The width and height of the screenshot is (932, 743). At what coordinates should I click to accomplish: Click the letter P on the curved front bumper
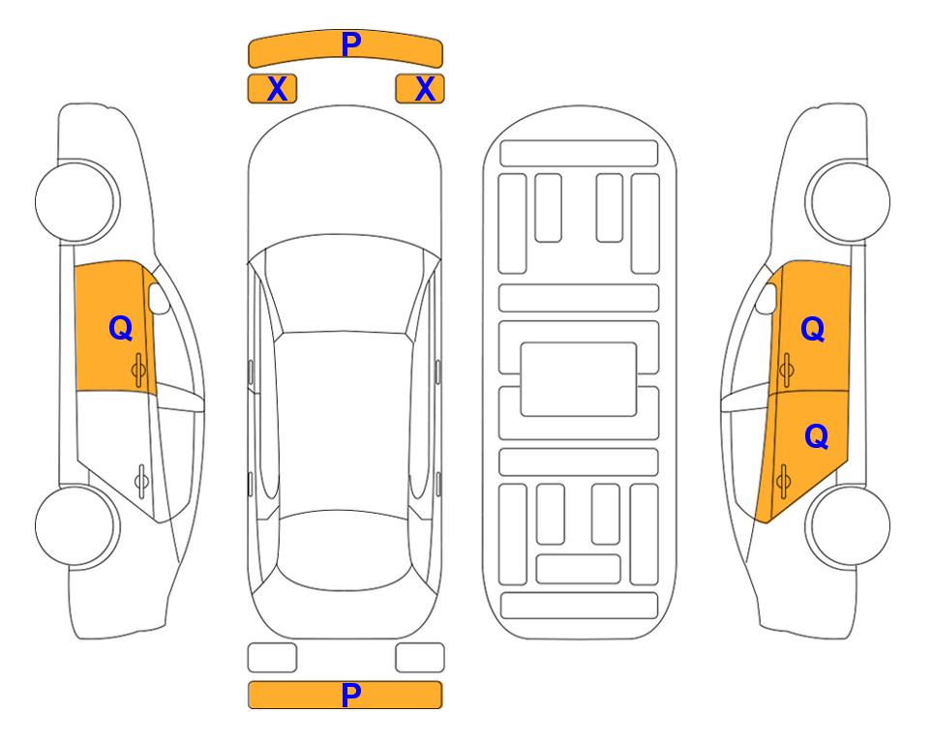tap(350, 45)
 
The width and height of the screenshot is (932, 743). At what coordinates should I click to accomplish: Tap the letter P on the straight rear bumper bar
tap(350, 695)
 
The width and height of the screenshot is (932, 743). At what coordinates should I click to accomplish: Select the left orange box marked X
tap(272, 89)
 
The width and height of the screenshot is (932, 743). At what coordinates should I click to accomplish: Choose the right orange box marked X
tap(420, 89)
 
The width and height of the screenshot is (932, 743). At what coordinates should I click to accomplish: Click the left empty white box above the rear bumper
tap(272, 658)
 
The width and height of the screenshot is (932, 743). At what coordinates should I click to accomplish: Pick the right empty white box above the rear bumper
tap(420, 658)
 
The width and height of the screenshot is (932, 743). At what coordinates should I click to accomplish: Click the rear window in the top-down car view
tap(344, 550)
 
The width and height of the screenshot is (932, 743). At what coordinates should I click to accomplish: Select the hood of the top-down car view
tap(345, 178)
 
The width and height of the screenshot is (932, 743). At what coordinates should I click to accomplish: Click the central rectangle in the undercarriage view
tap(579, 379)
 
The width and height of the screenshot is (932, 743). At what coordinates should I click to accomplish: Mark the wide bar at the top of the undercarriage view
tap(579, 154)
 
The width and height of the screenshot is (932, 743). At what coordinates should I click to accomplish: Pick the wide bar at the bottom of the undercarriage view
tap(580, 605)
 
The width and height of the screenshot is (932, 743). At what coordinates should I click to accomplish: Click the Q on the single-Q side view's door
tap(121, 328)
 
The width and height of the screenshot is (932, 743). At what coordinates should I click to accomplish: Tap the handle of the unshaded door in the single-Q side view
tap(141, 480)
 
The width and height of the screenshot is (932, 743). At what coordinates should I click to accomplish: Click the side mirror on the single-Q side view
tap(159, 298)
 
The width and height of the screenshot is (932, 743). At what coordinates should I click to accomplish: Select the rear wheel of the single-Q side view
tap(75, 525)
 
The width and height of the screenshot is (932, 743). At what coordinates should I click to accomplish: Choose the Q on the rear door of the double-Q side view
tap(816, 437)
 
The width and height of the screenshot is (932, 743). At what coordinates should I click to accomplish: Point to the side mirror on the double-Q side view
tap(767, 298)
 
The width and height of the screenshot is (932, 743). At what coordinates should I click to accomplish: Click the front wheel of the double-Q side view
tap(848, 201)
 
